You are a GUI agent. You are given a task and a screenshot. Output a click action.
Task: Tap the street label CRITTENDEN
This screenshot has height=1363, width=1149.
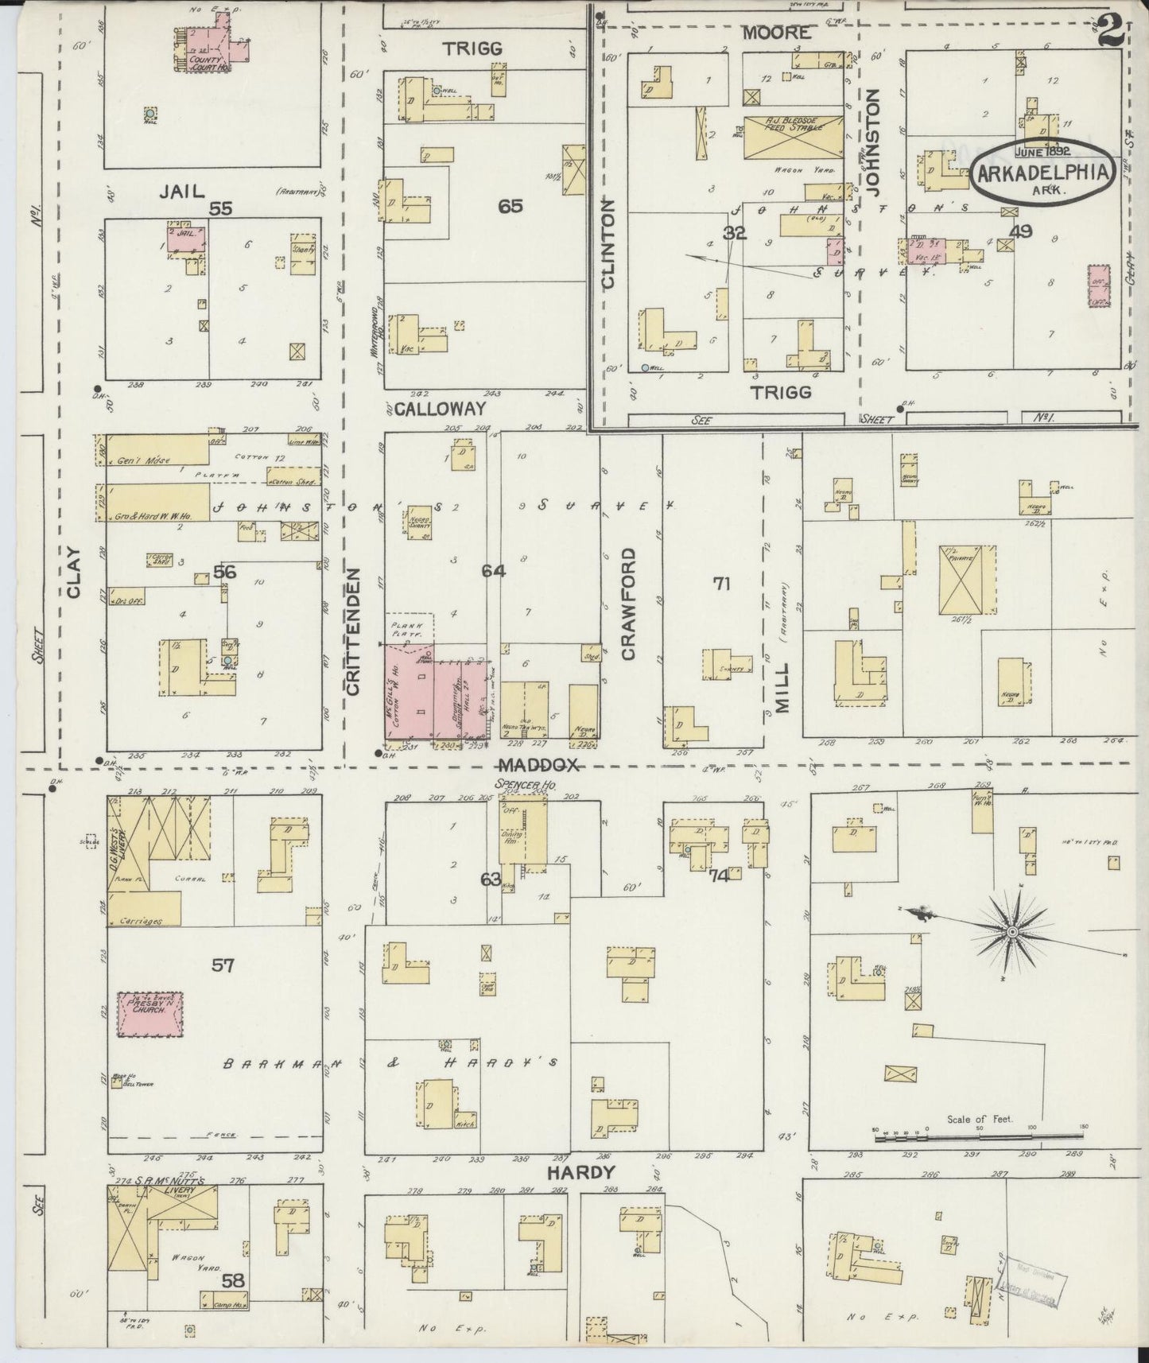(x=354, y=631)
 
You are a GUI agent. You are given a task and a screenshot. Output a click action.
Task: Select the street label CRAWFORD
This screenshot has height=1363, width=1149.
(x=628, y=604)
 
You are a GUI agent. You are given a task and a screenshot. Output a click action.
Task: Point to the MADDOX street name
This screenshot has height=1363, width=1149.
(x=541, y=766)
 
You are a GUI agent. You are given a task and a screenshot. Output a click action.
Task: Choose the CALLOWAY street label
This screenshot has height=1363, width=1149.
(x=440, y=409)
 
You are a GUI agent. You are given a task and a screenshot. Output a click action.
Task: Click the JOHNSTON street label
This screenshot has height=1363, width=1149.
(x=874, y=142)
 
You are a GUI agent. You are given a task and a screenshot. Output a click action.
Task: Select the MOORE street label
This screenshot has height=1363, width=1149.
(x=777, y=33)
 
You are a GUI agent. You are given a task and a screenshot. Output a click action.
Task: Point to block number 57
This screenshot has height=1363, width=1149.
(x=223, y=965)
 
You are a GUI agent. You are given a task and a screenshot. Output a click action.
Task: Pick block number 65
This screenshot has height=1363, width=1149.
(x=510, y=207)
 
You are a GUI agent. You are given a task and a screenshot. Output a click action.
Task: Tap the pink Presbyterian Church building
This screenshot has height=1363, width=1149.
(x=151, y=1014)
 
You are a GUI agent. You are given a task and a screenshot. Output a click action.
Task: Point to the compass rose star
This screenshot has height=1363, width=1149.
(x=1012, y=931)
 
